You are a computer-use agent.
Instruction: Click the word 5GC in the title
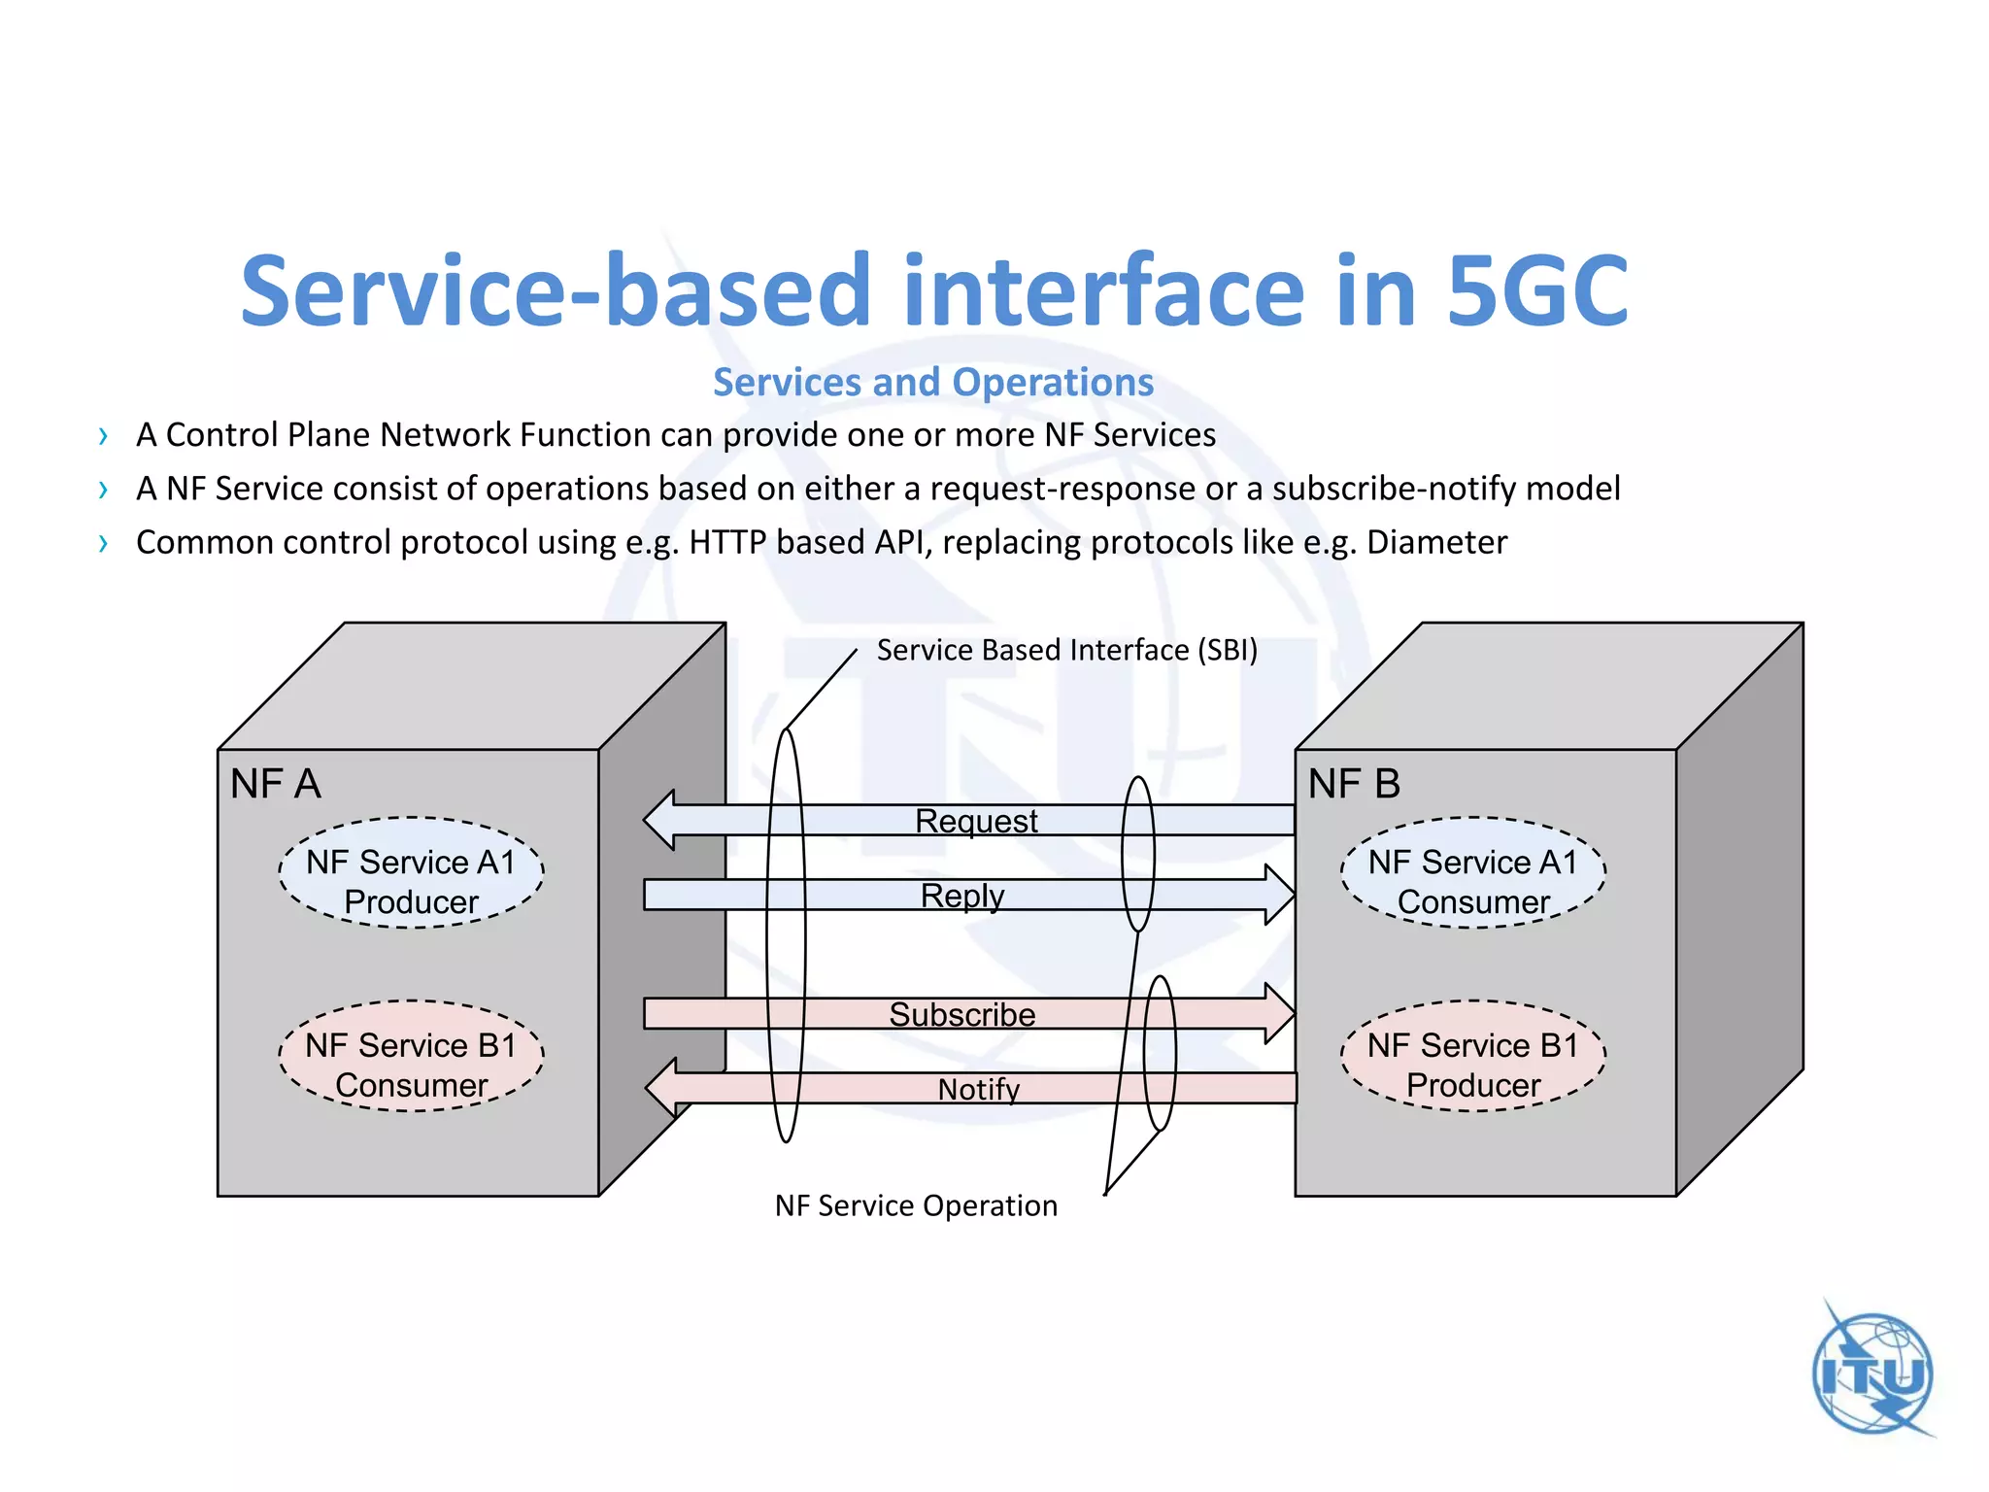pyautogui.click(x=1536, y=291)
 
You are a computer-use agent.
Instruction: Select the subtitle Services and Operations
pyautogui.click(x=933, y=382)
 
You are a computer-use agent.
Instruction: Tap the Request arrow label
pyautogui.click(x=976, y=821)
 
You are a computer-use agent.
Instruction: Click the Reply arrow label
pyautogui.click(x=961, y=895)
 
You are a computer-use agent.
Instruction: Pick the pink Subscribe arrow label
pyautogui.click(x=961, y=1014)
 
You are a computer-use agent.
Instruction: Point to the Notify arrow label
pyautogui.click(x=978, y=1089)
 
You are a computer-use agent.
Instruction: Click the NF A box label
pyautogui.click(x=275, y=784)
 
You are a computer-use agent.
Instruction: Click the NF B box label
pyautogui.click(x=1354, y=784)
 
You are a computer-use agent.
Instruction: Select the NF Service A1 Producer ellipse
pyautogui.click(x=411, y=873)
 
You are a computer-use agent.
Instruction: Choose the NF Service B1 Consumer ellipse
pyautogui.click(x=411, y=1057)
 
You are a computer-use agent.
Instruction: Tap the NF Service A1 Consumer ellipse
pyautogui.click(x=1472, y=873)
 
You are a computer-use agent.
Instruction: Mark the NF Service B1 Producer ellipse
pyautogui.click(x=1472, y=1057)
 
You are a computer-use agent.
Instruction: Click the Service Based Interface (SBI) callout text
pyautogui.click(x=1066, y=650)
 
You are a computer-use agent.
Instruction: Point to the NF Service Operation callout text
pyautogui.click(x=916, y=1205)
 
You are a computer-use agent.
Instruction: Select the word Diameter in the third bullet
pyautogui.click(x=1436, y=542)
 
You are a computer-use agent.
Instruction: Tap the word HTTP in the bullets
pyautogui.click(x=727, y=542)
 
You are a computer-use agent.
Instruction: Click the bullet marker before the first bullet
pyautogui.click(x=103, y=436)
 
